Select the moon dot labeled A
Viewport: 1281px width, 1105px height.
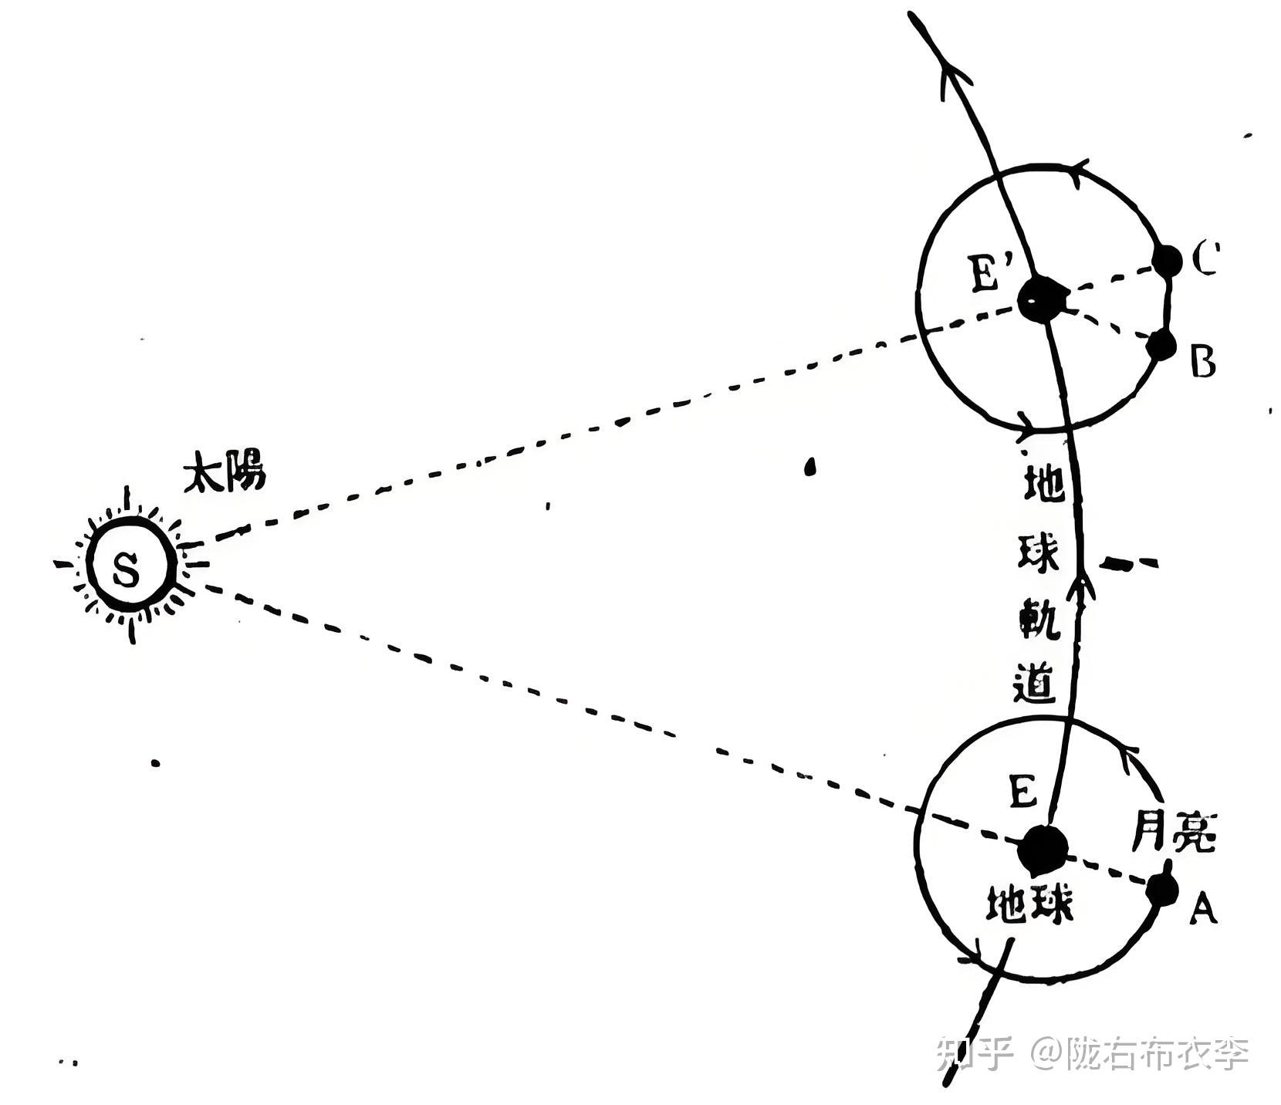1162,888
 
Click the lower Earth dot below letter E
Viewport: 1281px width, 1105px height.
1042,849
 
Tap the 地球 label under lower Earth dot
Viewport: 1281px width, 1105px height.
1030,903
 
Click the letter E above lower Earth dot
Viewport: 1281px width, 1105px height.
1022,791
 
